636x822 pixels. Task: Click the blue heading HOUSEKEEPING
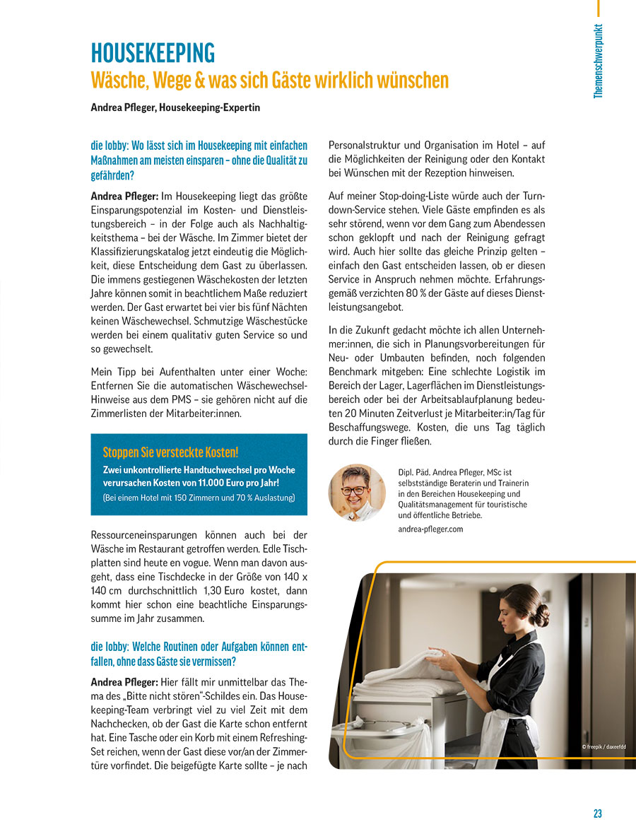pyautogui.click(x=153, y=53)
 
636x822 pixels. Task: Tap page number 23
pyautogui.click(x=598, y=814)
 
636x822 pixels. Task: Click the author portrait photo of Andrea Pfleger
pyautogui.click(x=357, y=492)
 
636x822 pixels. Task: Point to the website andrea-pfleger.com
pyautogui.click(x=430, y=529)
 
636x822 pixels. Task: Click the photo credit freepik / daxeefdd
pyautogui.click(x=603, y=747)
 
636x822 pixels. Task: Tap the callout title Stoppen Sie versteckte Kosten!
pyautogui.click(x=170, y=452)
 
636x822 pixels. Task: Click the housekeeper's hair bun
pyautogui.click(x=541, y=615)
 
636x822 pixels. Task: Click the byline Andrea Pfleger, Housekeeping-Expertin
pyautogui.click(x=175, y=107)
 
